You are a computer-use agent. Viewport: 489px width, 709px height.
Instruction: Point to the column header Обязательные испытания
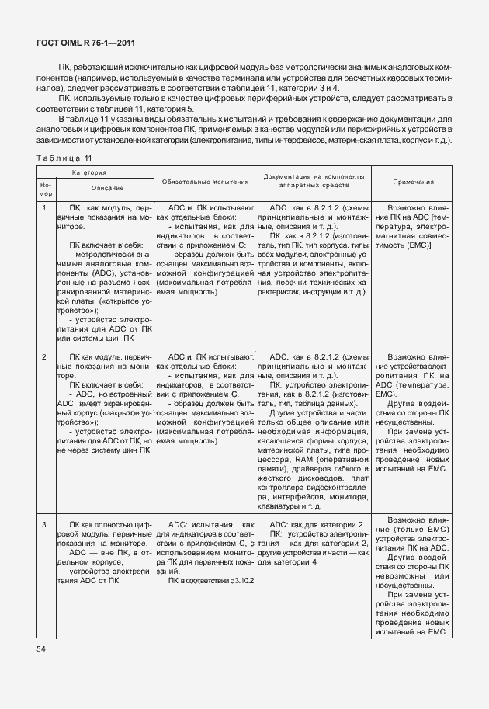205,182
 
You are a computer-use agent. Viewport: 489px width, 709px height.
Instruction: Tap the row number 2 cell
44,356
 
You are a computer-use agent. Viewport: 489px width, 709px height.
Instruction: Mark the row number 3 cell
44,526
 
